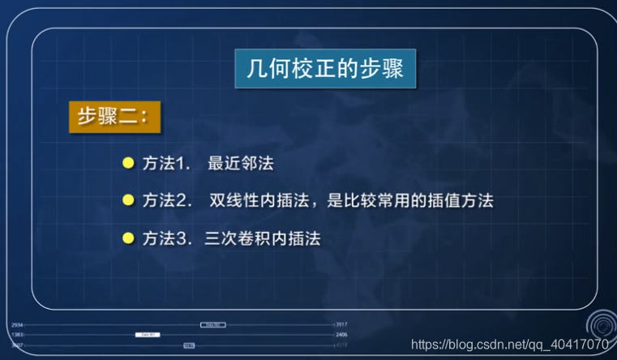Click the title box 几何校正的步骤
pyautogui.click(x=324, y=70)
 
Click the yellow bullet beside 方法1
pyautogui.click(x=127, y=163)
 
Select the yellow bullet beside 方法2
pyautogui.click(x=127, y=199)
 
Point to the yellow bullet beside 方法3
pyautogui.click(x=127, y=238)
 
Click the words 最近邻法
pyautogui.click(x=241, y=163)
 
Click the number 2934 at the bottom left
pyautogui.click(x=17, y=324)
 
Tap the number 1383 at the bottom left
pyautogui.click(x=17, y=334)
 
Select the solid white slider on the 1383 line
pyautogui.click(x=149, y=334)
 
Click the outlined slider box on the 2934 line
pyautogui.click(x=212, y=324)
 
